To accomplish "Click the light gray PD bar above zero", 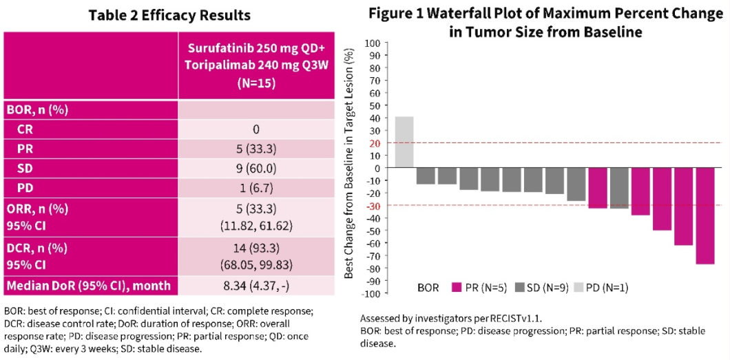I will coord(404,142).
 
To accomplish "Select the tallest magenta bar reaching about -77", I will coord(705,216).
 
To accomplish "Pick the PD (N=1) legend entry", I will coord(606,288).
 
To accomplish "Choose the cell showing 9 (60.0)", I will coord(256,167).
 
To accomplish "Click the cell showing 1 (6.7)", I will coord(256,187).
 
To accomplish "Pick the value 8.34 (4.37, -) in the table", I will coord(256,285).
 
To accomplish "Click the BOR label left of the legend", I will coord(430,288).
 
